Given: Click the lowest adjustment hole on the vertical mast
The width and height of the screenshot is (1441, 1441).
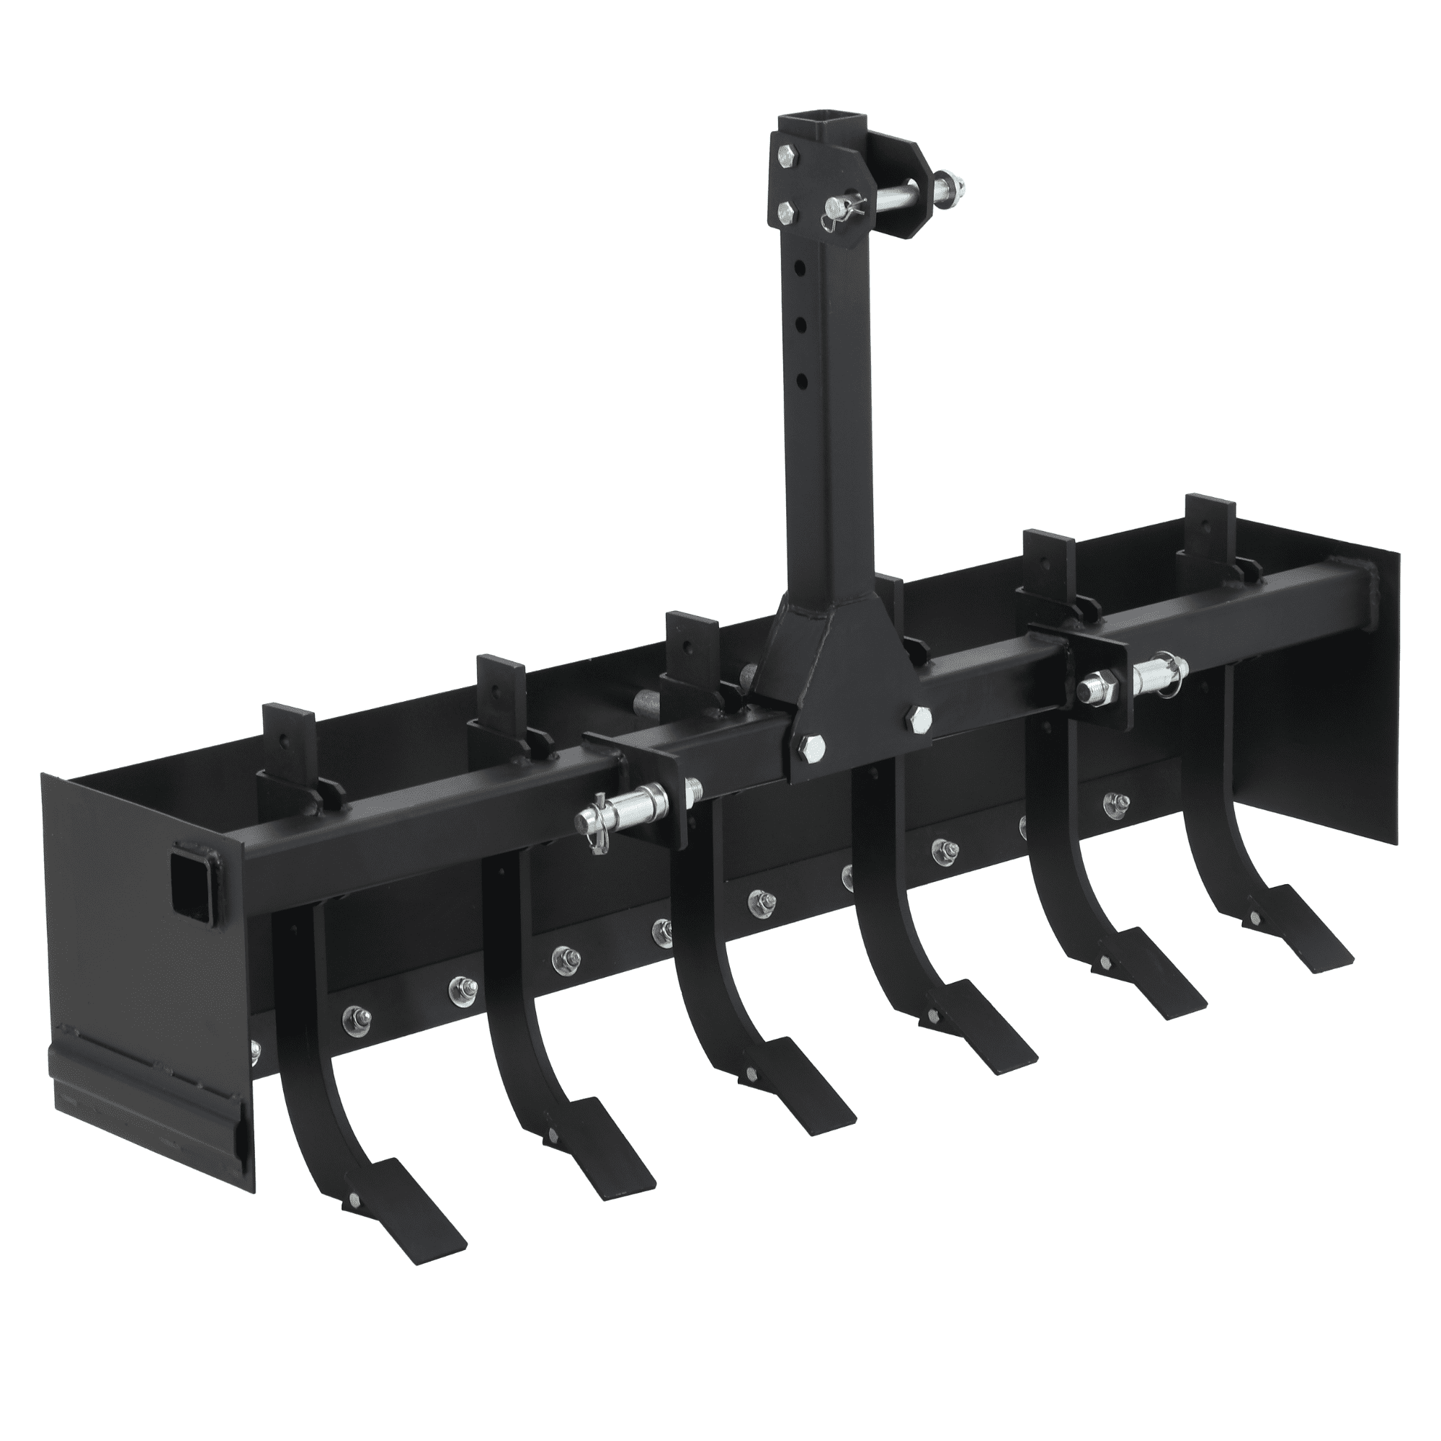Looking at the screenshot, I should (802, 382).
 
